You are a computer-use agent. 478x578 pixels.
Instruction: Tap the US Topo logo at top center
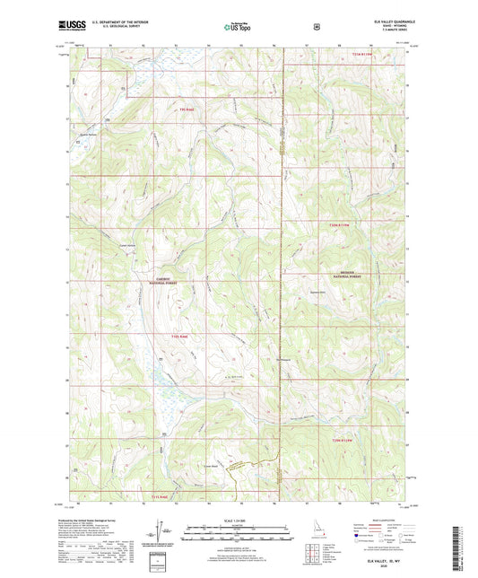click(x=238, y=26)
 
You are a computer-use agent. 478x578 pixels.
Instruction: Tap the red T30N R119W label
click(x=343, y=223)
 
